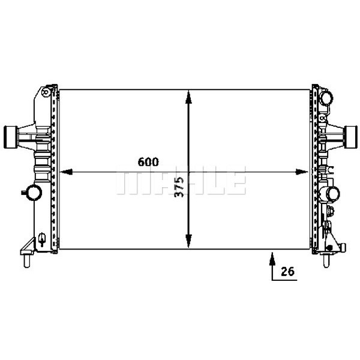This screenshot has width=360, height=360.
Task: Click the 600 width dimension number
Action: [x=148, y=162]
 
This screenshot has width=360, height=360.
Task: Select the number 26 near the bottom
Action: [x=287, y=271]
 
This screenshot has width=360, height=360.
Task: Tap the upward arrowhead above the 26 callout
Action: [x=272, y=257]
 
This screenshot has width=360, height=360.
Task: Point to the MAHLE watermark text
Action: [x=180, y=181]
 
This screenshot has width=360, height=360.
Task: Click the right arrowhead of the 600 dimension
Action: [x=304, y=172]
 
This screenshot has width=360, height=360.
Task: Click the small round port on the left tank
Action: [x=32, y=193]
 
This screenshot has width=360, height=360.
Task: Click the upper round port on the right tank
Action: [x=327, y=97]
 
